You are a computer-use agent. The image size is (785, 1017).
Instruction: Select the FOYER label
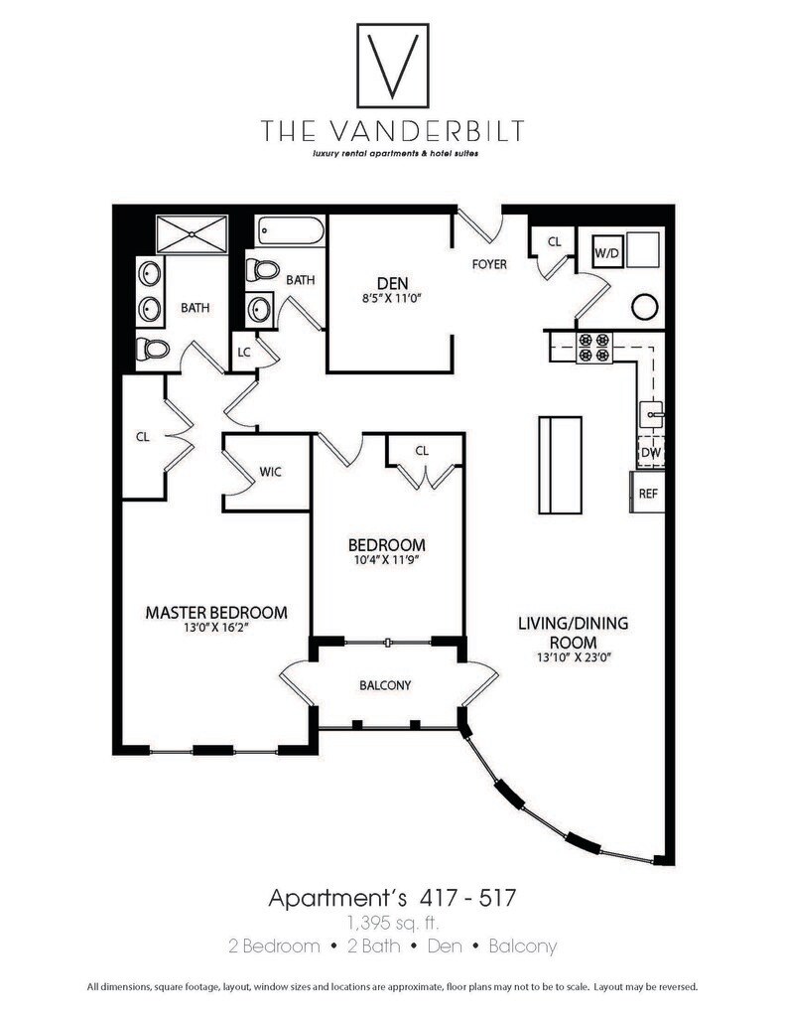click(488, 264)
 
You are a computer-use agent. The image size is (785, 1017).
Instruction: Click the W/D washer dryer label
click(607, 253)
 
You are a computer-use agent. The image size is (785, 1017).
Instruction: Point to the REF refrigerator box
click(648, 493)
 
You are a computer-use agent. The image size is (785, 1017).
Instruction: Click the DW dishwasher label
click(650, 452)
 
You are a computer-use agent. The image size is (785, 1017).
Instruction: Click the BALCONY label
click(384, 685)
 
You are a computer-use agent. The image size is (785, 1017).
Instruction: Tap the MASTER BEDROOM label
click(216, 613)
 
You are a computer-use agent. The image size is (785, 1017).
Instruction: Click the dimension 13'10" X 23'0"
click(573, 657)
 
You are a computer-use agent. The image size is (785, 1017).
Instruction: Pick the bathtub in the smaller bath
click(290, 233)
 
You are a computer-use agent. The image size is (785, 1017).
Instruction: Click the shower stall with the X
click(193, 235)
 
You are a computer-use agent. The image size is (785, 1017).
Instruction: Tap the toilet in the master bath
click(154, 349)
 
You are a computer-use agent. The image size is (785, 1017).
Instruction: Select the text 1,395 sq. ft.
click(392, 923)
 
